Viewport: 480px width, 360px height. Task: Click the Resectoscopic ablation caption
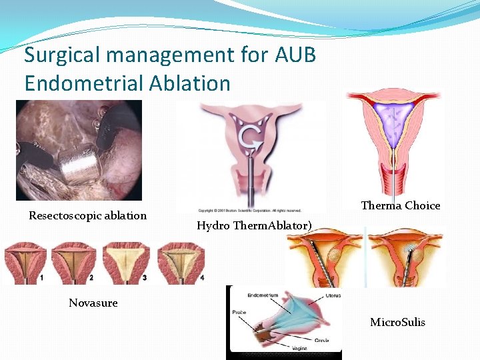pos(87,215)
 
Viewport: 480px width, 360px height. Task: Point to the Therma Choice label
pos(400,205)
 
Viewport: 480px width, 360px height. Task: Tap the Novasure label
pos(93,303)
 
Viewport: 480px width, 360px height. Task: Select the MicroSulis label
pos(397,323)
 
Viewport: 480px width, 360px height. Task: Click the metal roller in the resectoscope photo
pos(78,159)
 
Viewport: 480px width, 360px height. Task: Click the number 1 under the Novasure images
pos(41,277)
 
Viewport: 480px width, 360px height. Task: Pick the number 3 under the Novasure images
pos(143,277)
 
